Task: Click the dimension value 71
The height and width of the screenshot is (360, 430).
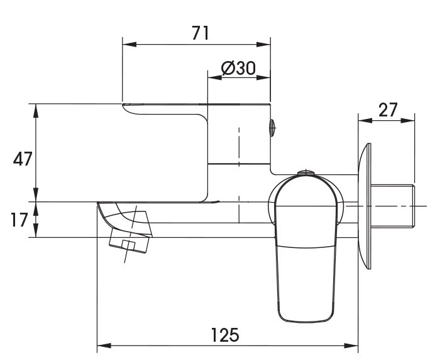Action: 199,33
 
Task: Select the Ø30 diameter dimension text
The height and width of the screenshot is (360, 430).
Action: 238,68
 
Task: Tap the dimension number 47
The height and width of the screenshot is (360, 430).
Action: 23,159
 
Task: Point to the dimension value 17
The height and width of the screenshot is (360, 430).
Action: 19,220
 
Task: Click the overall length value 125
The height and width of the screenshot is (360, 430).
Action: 225,334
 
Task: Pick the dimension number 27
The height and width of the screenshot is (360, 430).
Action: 388,110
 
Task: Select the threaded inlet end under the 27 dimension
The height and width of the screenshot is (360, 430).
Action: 393,206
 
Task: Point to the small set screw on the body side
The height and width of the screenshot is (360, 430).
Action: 272,128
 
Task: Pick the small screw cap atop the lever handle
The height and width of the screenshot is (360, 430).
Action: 305,172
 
